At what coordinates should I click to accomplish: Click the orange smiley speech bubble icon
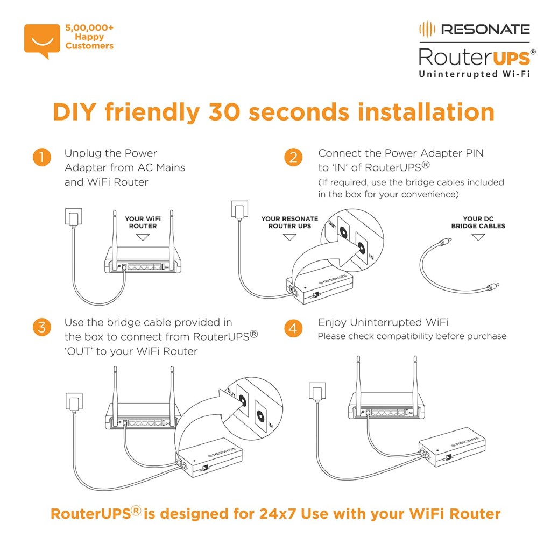42,39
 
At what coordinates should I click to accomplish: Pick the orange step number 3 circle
41,327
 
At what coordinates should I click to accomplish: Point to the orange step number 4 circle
293,327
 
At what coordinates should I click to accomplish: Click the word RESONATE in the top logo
485,29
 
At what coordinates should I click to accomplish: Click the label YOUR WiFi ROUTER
143,222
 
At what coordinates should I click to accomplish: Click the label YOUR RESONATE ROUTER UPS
289,222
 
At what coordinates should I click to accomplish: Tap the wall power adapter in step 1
74,218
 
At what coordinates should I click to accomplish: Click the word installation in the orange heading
420,112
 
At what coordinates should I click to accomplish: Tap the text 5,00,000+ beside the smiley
89,27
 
